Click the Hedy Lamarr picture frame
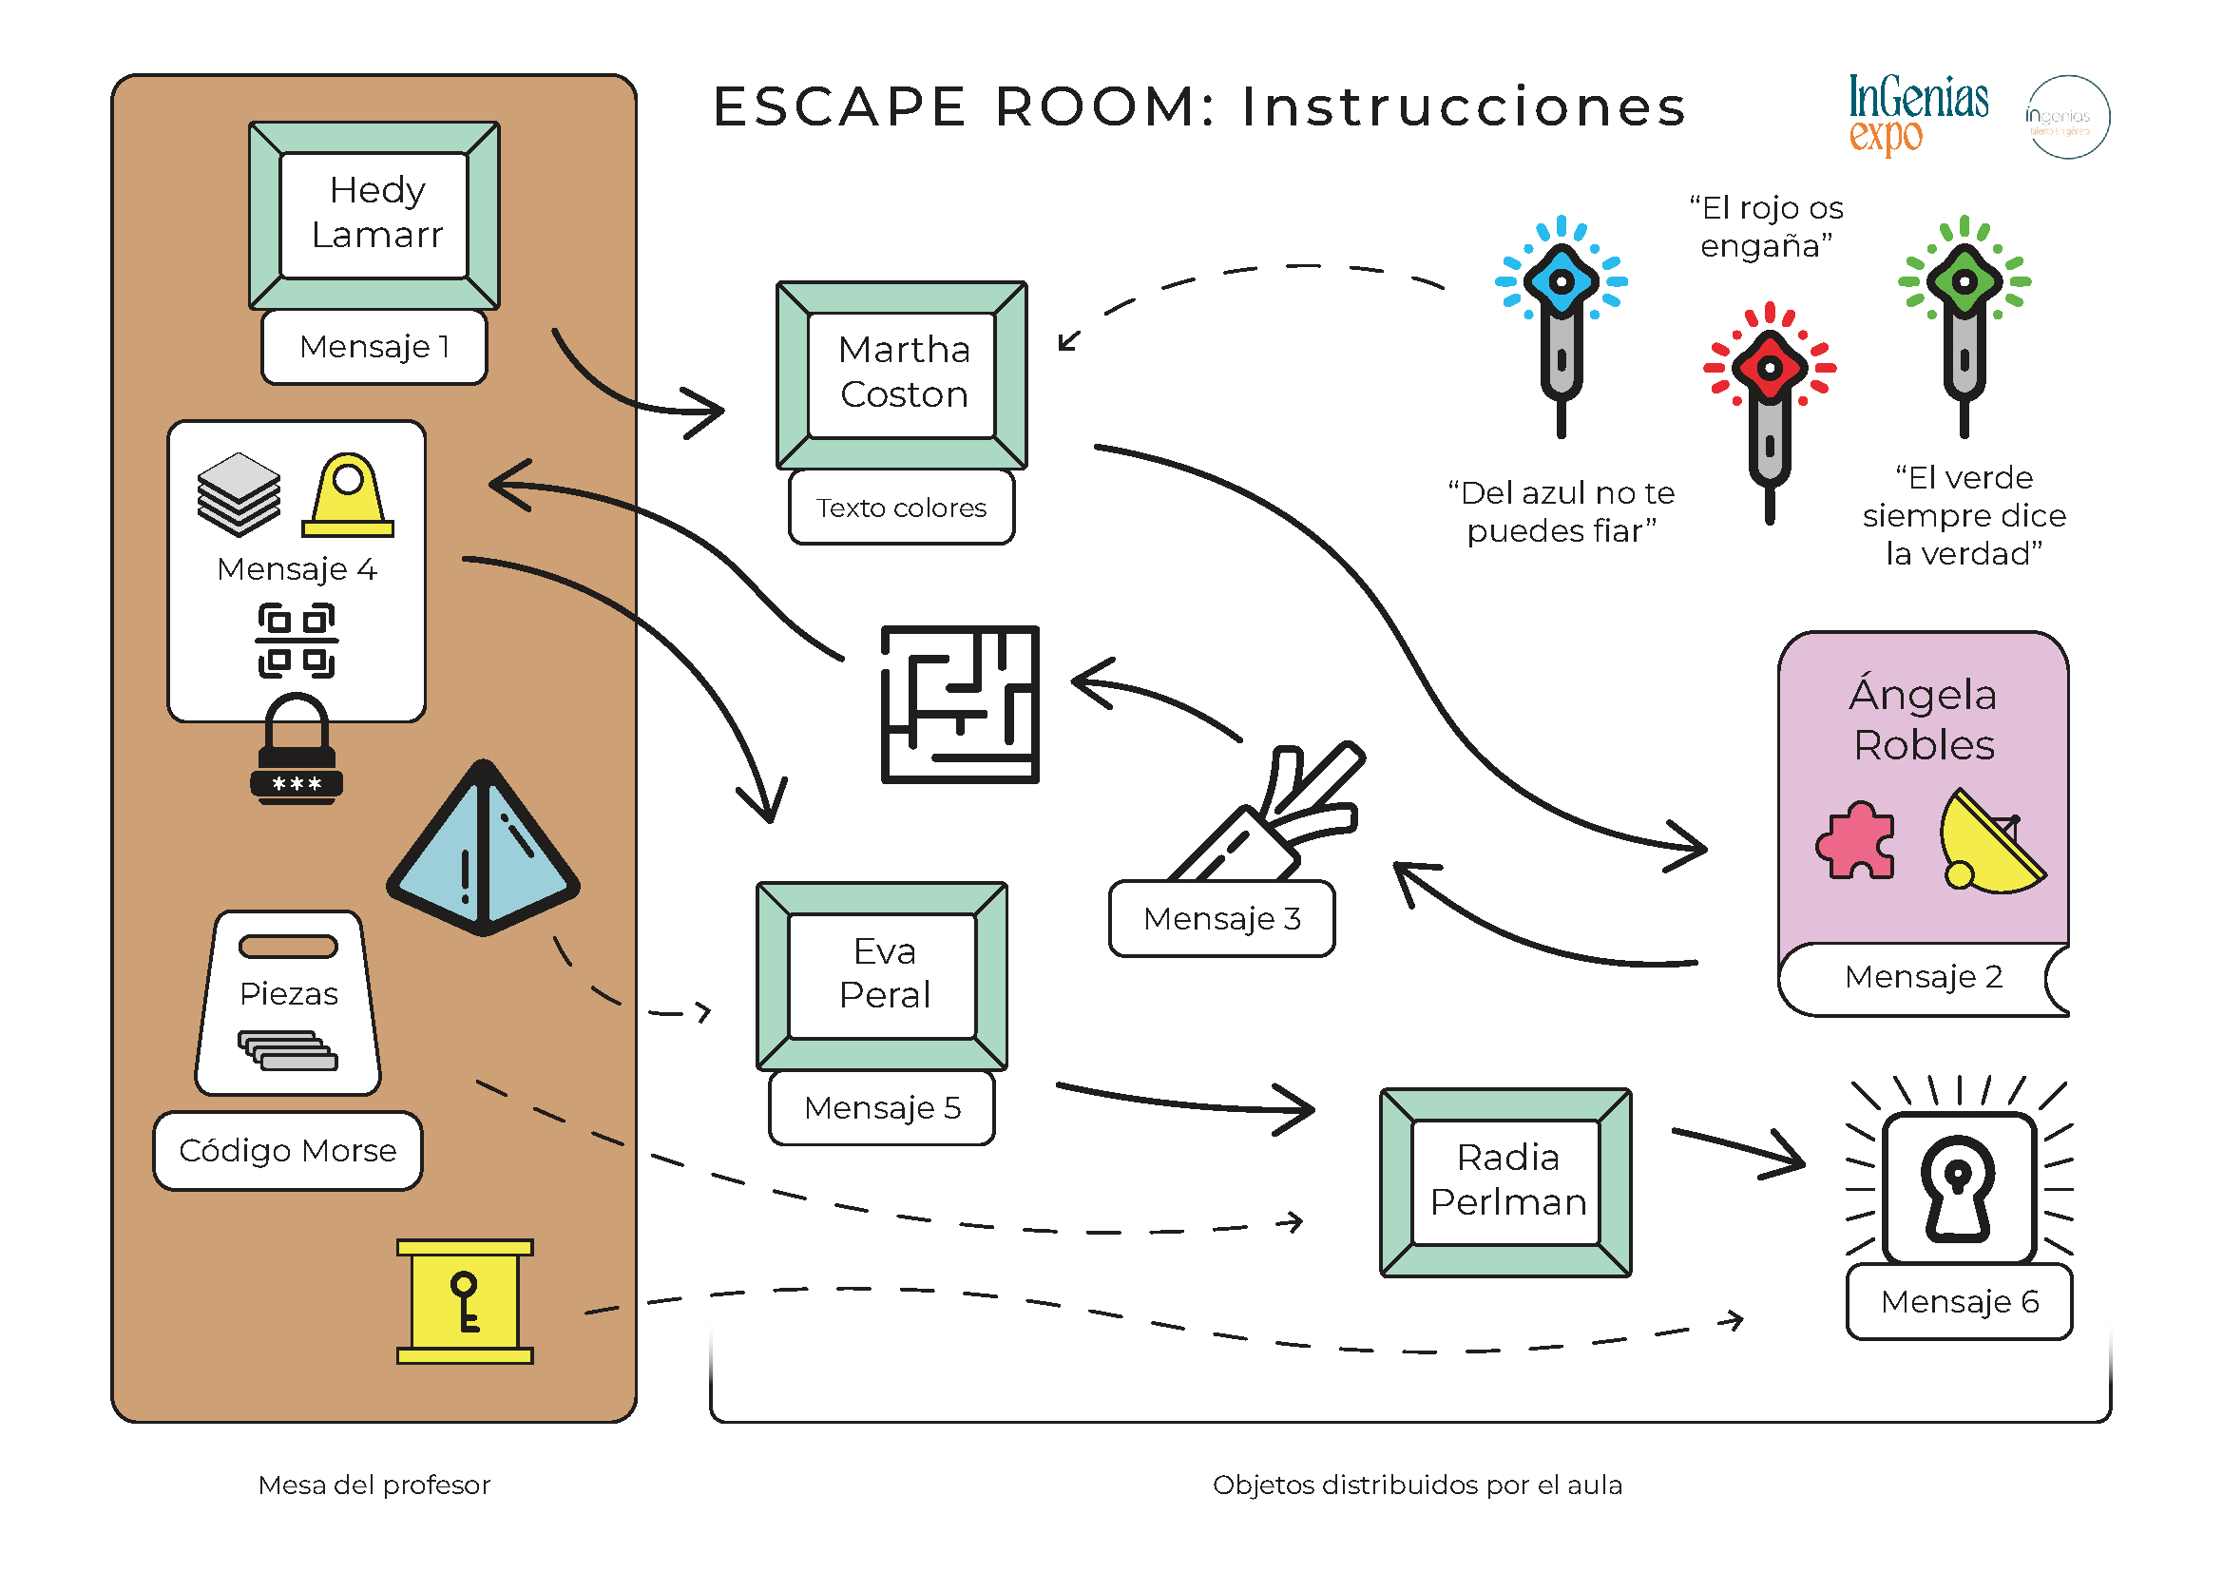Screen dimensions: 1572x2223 (374, 215)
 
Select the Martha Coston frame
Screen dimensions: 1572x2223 (902, 374)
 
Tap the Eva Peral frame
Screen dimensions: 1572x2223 (882, 976)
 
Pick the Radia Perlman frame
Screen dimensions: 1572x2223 (1505, 1182)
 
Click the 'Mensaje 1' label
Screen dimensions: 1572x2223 (374, 347)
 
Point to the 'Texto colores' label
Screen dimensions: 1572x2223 (901, 508)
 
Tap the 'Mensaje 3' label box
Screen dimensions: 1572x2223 (1222, 919)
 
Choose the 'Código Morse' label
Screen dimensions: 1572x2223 (288, 1151)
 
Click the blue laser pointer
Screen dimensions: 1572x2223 (1561, 319)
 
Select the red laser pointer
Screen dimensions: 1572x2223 (1769, 407)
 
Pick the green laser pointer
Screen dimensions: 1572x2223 (1964, 319)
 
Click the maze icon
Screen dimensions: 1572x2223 (960, 703)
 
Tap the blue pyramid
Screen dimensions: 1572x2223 (483, 850)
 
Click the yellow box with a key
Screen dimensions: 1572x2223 (465, 1302)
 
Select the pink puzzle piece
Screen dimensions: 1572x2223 (1855, 840)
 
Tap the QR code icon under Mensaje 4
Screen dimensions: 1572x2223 (297, 641)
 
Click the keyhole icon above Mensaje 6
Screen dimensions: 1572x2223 (1958, 1189)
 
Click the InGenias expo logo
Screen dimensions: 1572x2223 (1917, 114)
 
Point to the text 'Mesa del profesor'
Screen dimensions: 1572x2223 (374, 1485)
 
